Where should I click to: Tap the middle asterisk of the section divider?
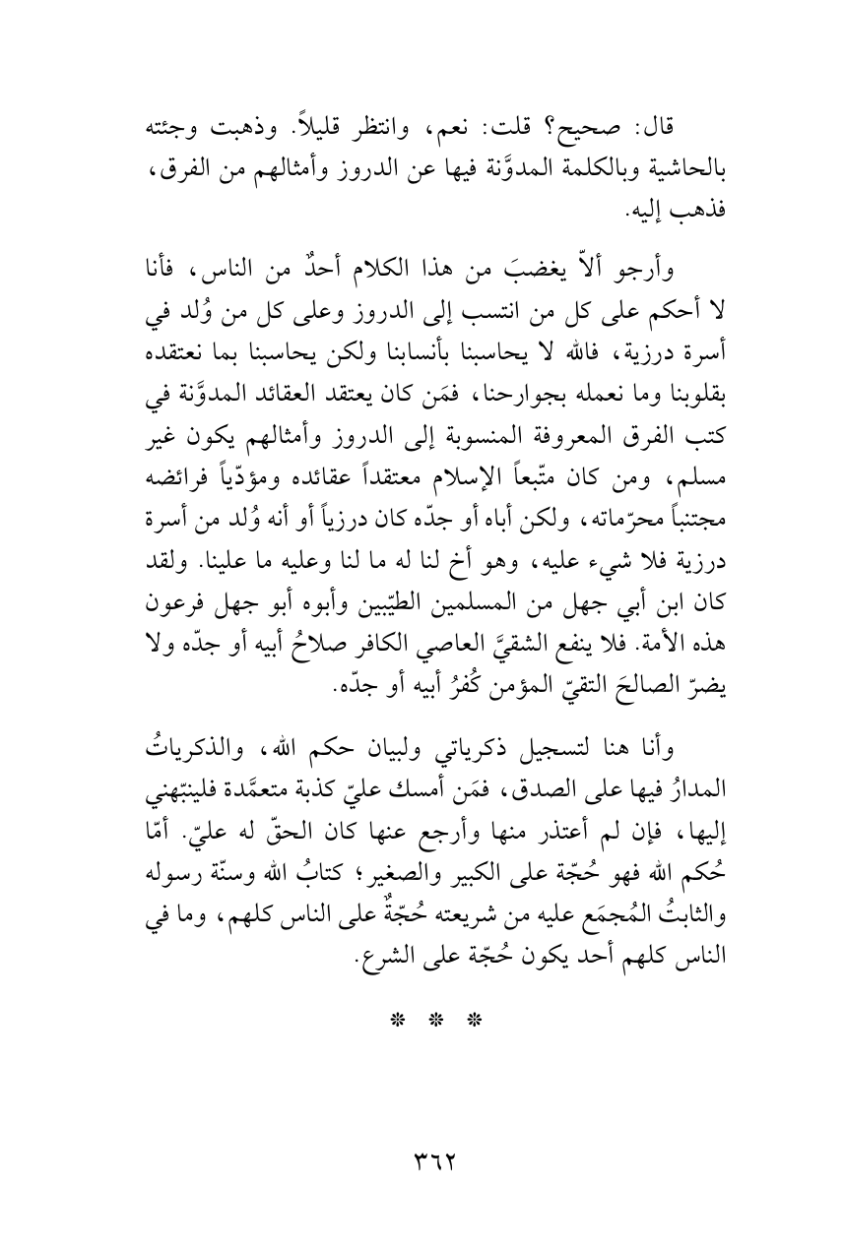(x=421, y=961)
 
